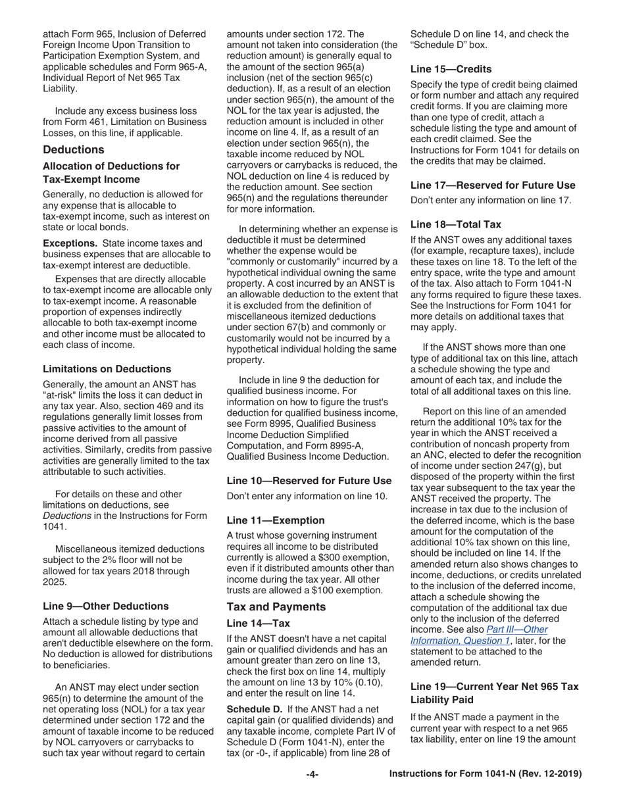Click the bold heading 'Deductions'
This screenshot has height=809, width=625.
73,149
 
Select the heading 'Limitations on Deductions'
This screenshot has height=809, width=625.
107,368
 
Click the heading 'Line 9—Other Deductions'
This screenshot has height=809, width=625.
105,606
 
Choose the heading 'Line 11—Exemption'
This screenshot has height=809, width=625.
276,520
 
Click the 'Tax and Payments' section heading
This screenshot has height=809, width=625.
276,606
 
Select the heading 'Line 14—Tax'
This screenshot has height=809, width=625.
258,623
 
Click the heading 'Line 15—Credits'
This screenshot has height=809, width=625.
451,68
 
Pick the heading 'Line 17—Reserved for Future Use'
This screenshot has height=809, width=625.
493,185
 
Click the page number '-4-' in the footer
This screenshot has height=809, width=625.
312,774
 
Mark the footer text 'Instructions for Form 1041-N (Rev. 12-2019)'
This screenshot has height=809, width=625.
485,774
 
